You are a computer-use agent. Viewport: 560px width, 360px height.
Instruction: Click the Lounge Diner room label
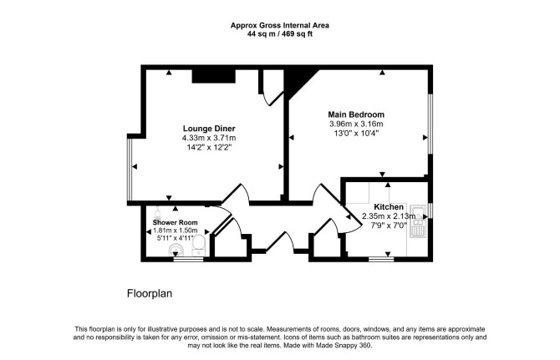[209, 129]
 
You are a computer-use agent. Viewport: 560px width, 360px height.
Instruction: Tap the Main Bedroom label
[356, 114]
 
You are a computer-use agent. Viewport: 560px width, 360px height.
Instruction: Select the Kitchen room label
[389, 207]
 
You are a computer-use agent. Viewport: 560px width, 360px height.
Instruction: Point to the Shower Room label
[175, 222]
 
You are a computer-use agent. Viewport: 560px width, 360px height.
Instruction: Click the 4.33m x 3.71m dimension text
[209, 138]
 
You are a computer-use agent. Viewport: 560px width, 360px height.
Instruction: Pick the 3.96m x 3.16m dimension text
[356, 124]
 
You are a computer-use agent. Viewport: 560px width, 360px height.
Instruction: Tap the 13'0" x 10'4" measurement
[356, 134]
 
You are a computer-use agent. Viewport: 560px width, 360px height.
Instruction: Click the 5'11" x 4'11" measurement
[175, 238]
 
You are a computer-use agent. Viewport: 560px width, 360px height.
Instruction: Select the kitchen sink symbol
[417, 221]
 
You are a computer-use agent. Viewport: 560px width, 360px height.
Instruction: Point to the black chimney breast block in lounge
[214, 76]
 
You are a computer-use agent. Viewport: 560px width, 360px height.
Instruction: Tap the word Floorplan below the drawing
[150, 294]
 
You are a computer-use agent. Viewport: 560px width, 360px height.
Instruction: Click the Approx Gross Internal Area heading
[280, 25]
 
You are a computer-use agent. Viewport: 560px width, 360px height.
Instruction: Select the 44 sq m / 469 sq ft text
[280, 34]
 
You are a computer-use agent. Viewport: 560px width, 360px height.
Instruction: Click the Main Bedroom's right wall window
[430, 124]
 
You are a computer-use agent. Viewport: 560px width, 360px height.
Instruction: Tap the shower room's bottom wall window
[188, 259]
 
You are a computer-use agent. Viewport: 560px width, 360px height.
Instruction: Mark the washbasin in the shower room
[176, 250]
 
